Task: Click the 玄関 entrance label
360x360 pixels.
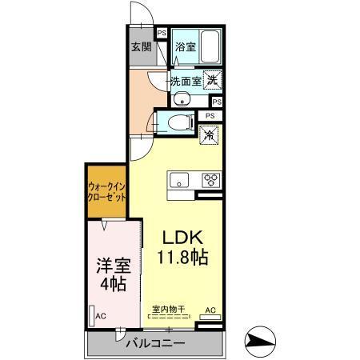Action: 142,46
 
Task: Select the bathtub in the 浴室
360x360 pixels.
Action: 211,45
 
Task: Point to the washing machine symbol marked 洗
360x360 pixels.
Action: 211,79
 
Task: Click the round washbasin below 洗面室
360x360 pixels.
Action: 182,99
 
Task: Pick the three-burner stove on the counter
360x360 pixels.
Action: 212,179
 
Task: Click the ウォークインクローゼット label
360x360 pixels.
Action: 107,192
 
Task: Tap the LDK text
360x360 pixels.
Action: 185,238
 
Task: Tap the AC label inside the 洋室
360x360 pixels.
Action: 102,317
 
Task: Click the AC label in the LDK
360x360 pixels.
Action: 210,310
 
